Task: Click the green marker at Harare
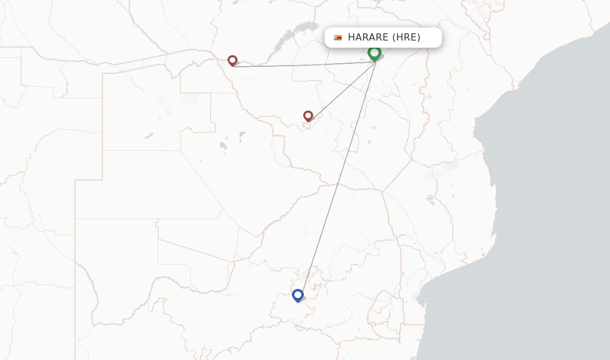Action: click(x=374, y=53)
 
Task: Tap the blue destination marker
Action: click(x=298, y=294)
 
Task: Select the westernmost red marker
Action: click(x=232, y=60)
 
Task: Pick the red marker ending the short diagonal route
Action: click(x=308, y=116)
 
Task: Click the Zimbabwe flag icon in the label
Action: click(x=338, y=38)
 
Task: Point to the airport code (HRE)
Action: click(x=406, y=38)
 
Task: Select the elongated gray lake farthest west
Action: click(x=148, y=136)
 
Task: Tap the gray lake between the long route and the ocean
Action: click(x=430, y=199)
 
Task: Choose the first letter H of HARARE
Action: click(x=351, y=38)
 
